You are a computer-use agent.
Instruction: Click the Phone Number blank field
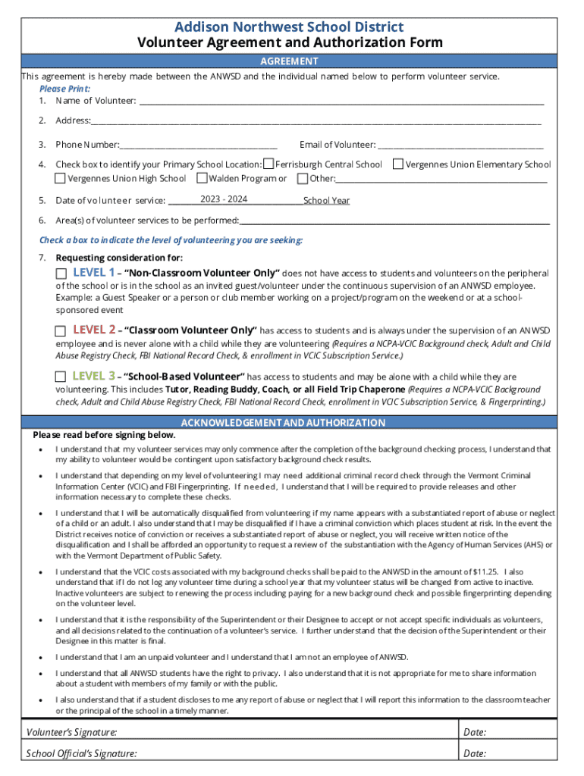tap(199, 144)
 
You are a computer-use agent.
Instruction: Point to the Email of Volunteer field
tap(460, 144)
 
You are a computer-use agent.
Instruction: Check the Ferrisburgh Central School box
tap(268, 164)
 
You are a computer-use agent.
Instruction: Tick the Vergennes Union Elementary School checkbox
tap(398, 164)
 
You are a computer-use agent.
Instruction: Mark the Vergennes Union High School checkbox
tap(61, 179)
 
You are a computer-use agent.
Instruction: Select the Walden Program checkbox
tap(202, 179)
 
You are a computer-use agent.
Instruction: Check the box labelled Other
tap(303, 179)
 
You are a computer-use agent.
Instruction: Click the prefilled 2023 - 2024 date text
tap(224, 199)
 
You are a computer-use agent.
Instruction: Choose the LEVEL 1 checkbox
tap(61, 273)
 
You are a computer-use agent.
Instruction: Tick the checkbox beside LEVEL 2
tap(61, 331)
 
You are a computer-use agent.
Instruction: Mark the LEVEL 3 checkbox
tap(61, 377)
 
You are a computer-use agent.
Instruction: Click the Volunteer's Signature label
tap(72, 732)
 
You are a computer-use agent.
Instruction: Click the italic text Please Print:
tap(64, 89)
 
